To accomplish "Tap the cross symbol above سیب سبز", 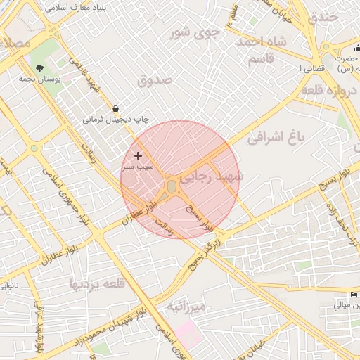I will pos(137,155).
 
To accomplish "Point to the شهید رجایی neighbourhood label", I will pos(210,179).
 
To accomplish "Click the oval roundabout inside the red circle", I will pos(172,186).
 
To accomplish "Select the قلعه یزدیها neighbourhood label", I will pos(96,283).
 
